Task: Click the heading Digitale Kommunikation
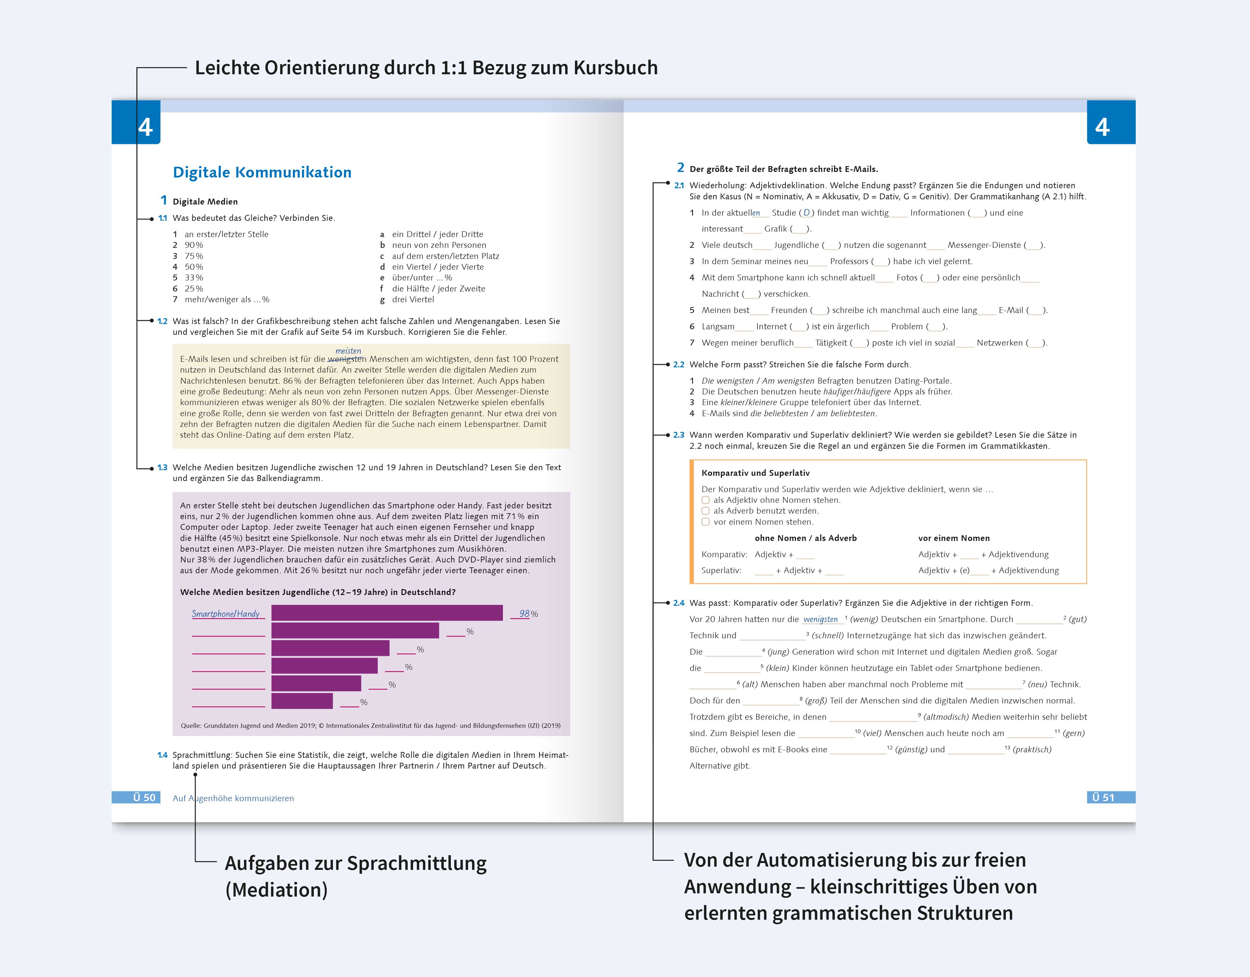click(x=262, y=172)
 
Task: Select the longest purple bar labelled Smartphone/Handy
click(x=387, y=613)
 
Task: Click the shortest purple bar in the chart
click(x=302, y=701)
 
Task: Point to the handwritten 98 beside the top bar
click(x=524, y=613)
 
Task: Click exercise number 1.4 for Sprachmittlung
click(x=162, y=755)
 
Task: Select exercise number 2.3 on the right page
click(x=678, y=435)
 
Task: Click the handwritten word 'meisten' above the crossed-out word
click(x=348, y=350)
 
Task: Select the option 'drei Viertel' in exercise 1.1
click(x=413, y=300)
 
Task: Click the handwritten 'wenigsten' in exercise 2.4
click(x=820, y=619)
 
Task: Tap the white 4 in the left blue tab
click(x=146, y=127)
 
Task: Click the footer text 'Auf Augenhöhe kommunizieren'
click(x=233, y=798)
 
